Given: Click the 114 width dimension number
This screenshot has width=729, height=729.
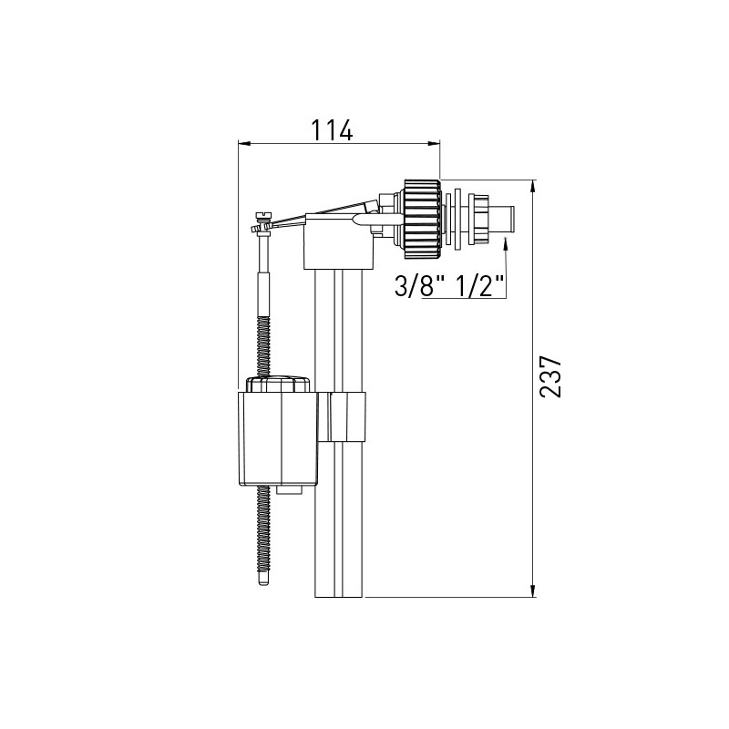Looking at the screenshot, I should coord(332,129).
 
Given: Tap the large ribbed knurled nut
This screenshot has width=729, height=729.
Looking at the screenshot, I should coord(420,215).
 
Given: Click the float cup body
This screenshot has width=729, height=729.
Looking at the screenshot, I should coord(280,437).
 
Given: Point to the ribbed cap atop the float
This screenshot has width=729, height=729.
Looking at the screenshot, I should coord(279,383).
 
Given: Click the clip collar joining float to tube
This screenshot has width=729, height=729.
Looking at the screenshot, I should coord(347,416).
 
